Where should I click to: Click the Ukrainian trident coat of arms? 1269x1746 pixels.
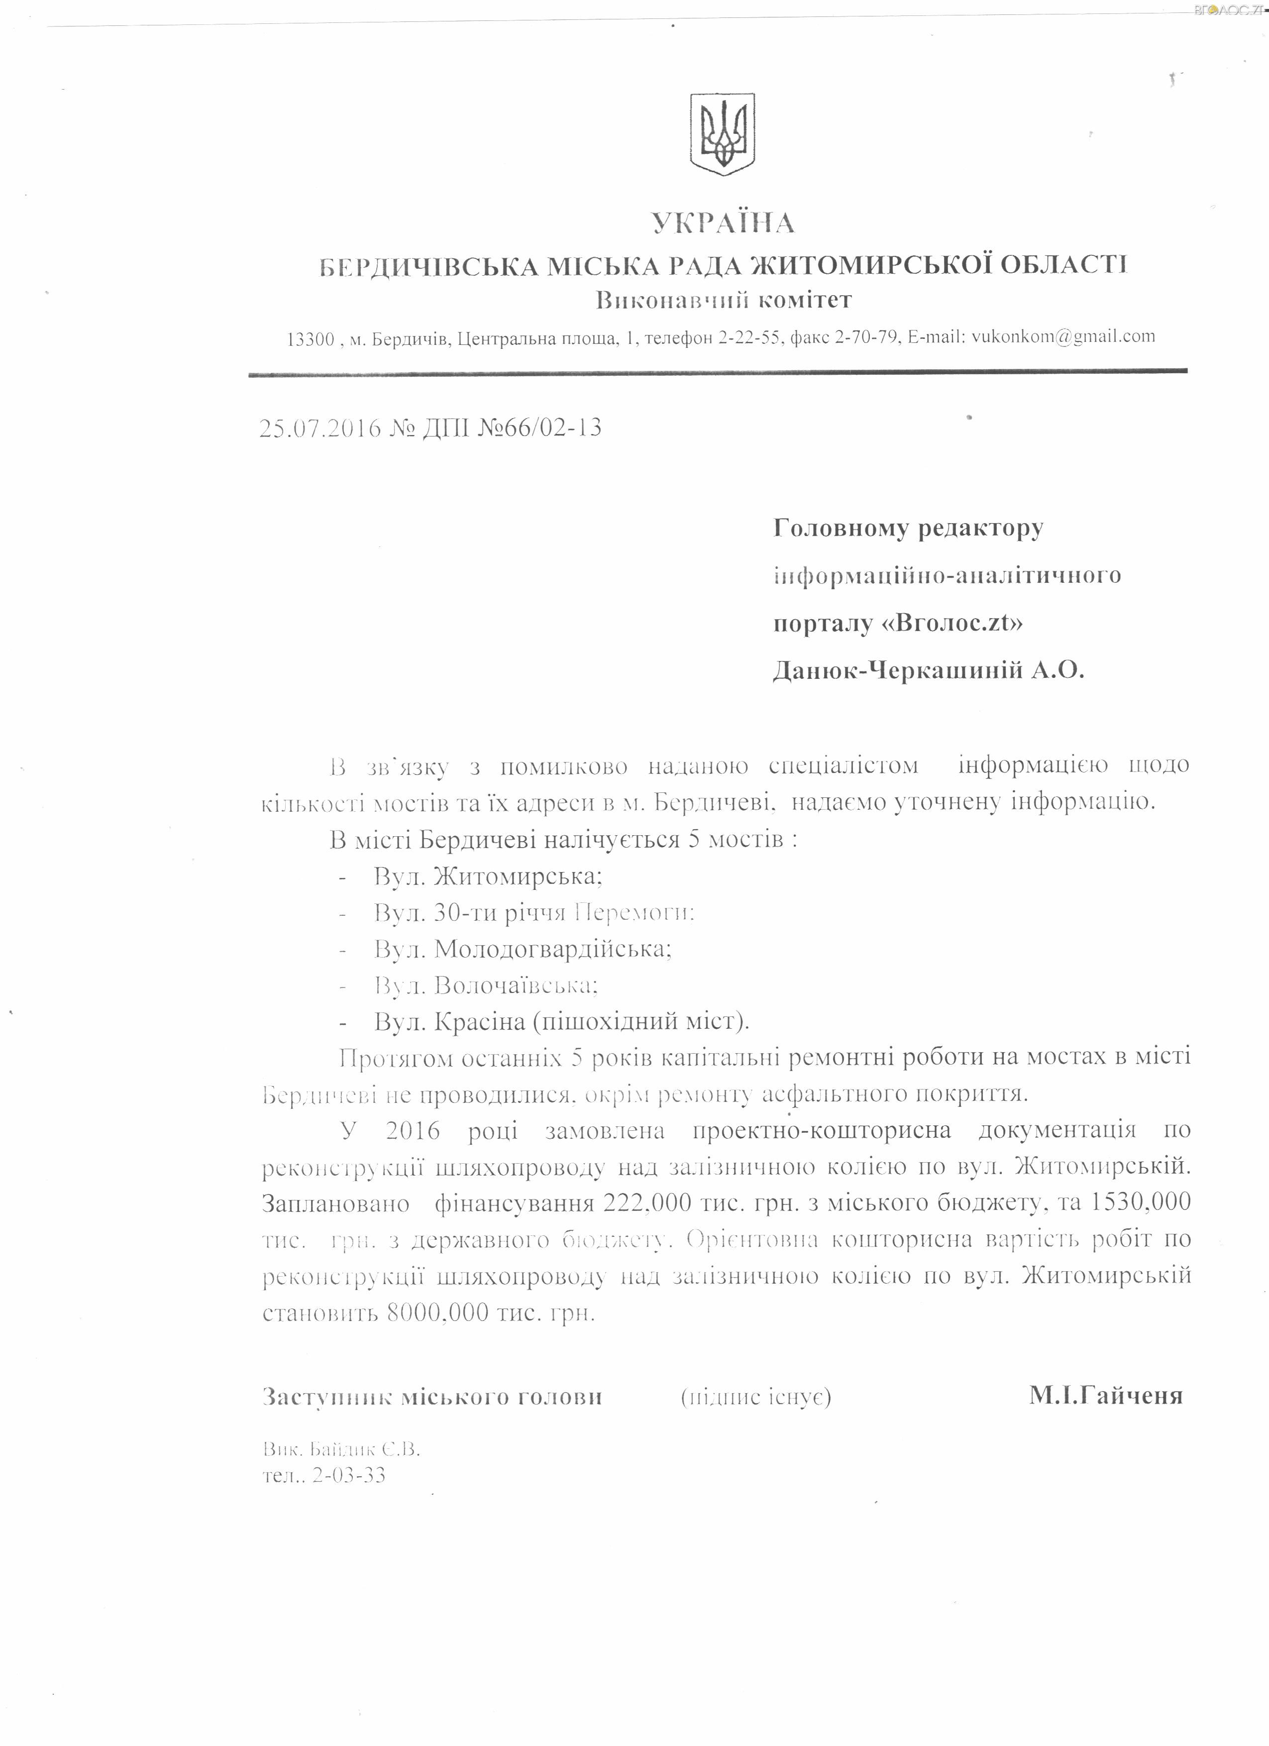point(723,131)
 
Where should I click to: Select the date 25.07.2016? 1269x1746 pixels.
point(320,427)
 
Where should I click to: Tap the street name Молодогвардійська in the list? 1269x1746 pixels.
point(552,949)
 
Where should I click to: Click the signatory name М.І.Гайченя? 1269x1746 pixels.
point(1105,1396)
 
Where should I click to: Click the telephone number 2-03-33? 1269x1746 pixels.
point(349,1476)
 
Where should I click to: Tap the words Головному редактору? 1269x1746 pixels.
point(908,528)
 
